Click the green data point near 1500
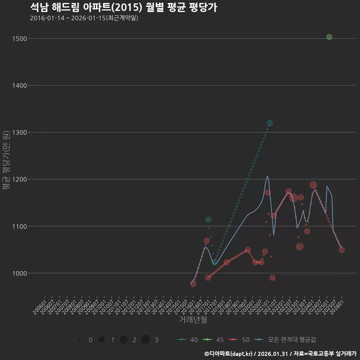point(329,37)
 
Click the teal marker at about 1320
point(270,123)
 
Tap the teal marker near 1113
point(208,220)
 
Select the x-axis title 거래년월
point(193,320)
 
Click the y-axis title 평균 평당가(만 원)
point(6,160)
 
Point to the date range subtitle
point(84,18)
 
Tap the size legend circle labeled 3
point(146,340)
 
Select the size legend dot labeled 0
point(80,340)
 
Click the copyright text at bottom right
point(280,353)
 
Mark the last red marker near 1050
point(342,250)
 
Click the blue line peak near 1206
point(267,176)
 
